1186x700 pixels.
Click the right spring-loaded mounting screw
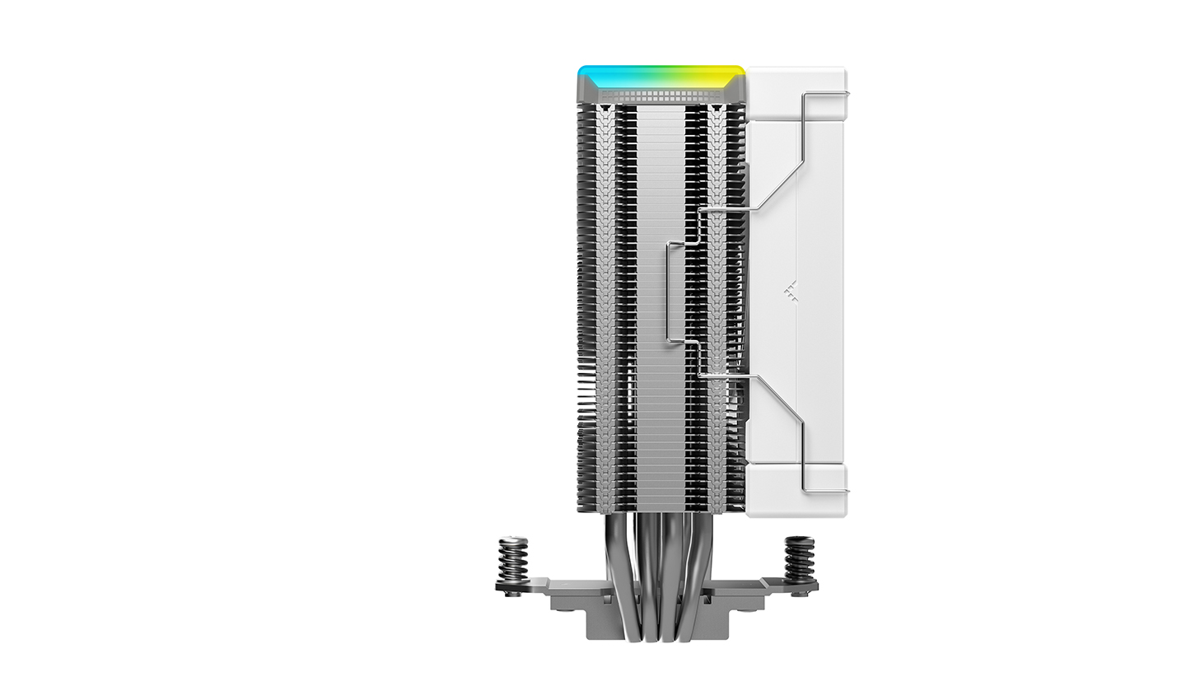coord(798,560)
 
